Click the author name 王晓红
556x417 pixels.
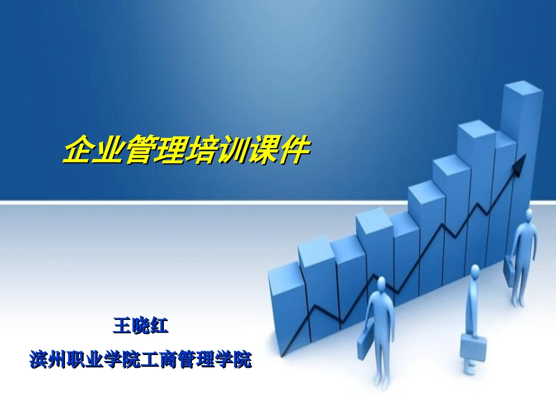[140, 325]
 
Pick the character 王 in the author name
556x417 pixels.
[122, 325]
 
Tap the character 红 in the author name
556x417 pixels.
[159, 325]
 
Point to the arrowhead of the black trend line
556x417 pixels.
[520, 164]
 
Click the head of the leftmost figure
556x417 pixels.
[382, 284]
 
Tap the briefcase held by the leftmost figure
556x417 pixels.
[364, 344]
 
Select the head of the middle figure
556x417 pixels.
[475, 271]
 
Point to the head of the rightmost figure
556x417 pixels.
[529, 214]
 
